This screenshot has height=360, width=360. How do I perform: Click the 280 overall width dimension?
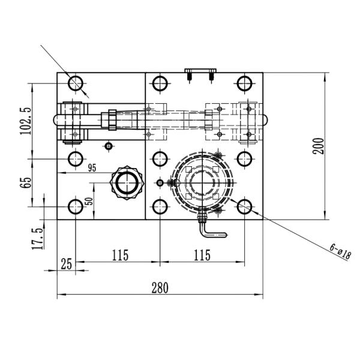(x=159, y=287)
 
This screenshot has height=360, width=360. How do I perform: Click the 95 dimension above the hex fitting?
(x=92, y=167)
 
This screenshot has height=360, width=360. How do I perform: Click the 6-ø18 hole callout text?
(x=340, y=250)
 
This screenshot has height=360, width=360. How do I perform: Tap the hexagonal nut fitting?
(x=127, y=182)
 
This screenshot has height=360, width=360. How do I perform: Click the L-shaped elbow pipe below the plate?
(x=209, y=226)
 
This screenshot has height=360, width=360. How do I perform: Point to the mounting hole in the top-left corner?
(x=76, y=83)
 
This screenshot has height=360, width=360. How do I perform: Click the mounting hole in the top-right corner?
(x=244, y=83)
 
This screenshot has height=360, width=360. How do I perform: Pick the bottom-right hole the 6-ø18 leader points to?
(x=244, y=207)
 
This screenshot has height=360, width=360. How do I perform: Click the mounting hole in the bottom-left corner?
(x=76, y=207)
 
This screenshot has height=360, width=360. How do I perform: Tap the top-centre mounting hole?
(x=160, y=83)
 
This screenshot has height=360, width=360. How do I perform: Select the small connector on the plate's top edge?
(x=200, y=74)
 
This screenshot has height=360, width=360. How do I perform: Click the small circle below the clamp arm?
(x=108, y=146)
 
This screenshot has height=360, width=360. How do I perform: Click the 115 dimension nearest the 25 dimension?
(x=120, y=255)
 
